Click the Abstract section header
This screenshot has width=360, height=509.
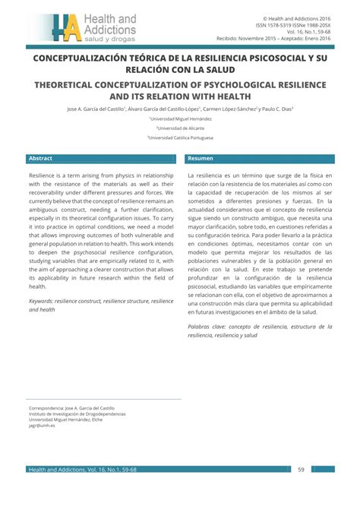point(41,158)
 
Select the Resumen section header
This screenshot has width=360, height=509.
point(201,158)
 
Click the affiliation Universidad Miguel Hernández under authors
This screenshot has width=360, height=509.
point(180,119)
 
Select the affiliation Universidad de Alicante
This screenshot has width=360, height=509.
point(180,128)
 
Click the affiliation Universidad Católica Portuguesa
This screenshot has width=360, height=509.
point(180,138)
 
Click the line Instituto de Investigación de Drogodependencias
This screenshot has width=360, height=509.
point(77,413)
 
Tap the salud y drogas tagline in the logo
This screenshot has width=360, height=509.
point(111,37)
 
